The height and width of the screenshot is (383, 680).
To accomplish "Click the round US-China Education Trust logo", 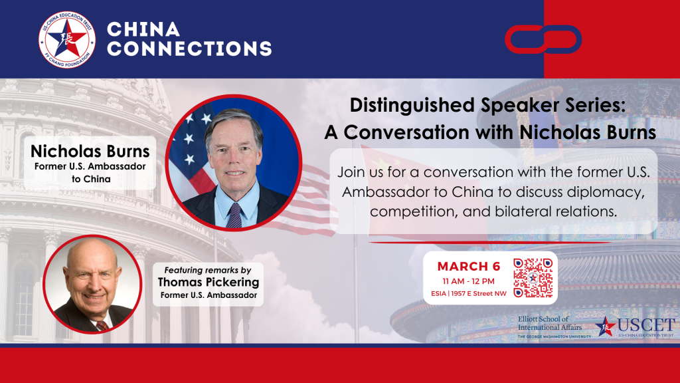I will (66, 39).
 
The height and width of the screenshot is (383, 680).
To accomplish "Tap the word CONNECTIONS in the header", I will (189, 49).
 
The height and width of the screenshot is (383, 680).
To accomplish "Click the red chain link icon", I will (543, 39).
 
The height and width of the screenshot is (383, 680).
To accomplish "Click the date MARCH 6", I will (469, 267).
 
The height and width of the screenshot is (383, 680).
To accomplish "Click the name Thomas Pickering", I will (209, 283).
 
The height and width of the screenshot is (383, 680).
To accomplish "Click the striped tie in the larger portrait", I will (234, 215).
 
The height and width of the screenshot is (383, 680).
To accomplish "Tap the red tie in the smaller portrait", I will (102, 325).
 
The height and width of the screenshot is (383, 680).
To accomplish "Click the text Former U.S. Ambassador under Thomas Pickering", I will (208, 295).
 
